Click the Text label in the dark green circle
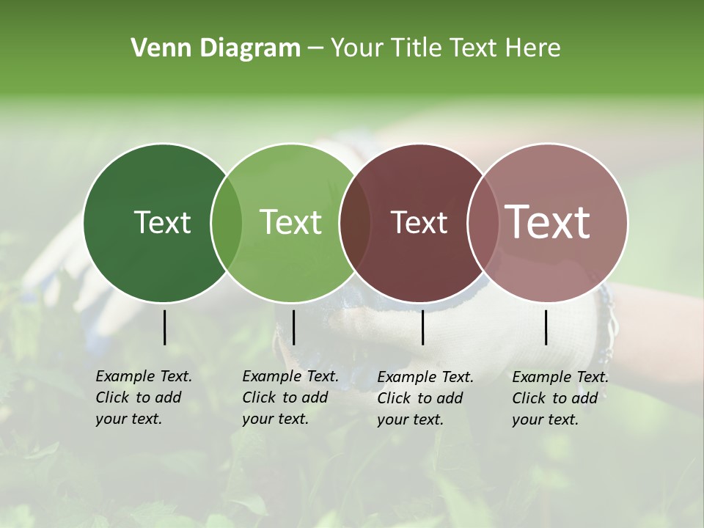click(x=162, y=222)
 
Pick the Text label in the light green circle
click(x=290, y=222)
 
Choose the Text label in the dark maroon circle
click(x=419, y=222)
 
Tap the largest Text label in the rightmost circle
click(x=548, y=222)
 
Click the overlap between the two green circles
click(x=227, y=222)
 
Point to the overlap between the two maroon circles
click(x=483, y=222)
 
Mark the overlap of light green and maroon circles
click(x=355, y=222)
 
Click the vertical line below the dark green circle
click(x=165, y=327)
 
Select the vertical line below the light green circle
click(x=293, y=327)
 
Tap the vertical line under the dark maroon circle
click(x=423, y=327)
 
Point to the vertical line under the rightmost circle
click(x=546, y=327)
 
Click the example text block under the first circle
click(x=144, y=397)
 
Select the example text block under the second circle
click(x=290, y=397)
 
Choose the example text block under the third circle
click(x=425, y=398)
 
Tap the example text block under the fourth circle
click(x=560, y=398)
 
